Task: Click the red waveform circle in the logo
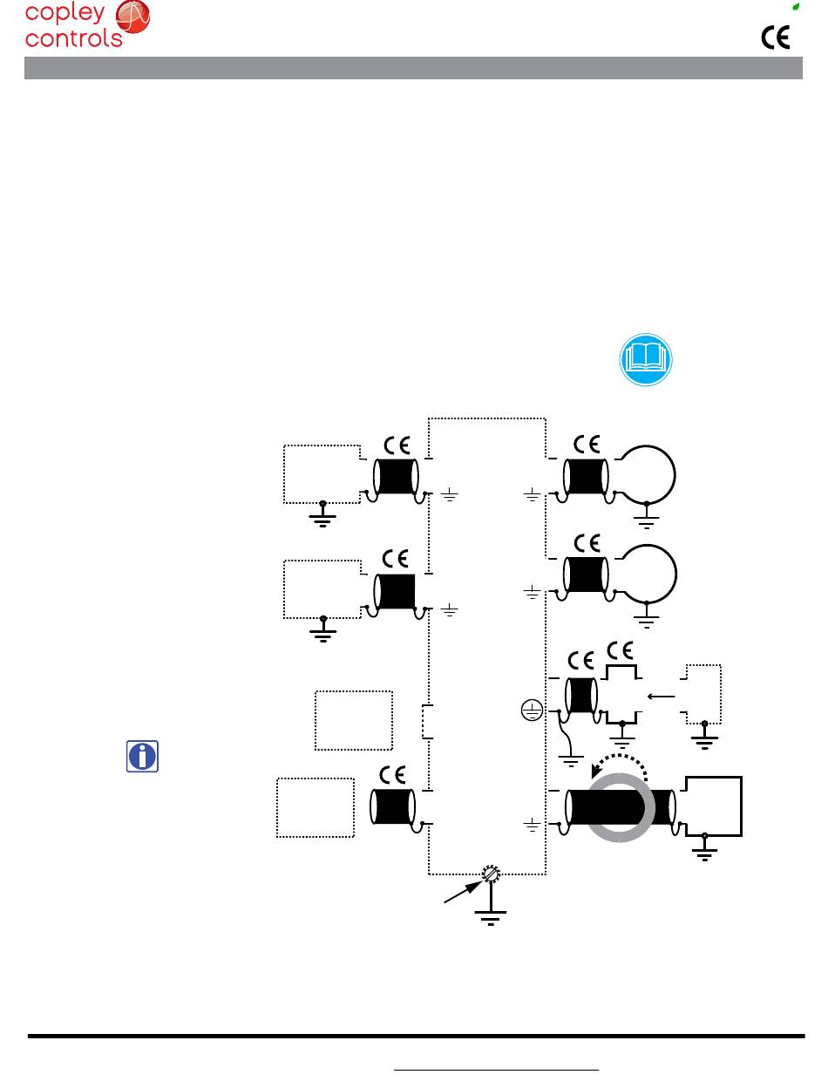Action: pos(132,17)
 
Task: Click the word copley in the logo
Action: pos(65,13)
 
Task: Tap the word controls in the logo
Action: pos(74,38)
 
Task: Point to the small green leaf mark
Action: pos(795,6)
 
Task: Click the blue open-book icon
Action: pos(648,358)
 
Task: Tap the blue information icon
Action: pos(143,755)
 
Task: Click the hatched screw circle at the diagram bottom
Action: pos(492,874)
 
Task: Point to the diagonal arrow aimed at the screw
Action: pos(462,892)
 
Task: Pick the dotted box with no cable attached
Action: pos(354,720)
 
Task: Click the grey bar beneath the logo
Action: pos(414,69)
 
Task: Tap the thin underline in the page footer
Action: pos(497,1069)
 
